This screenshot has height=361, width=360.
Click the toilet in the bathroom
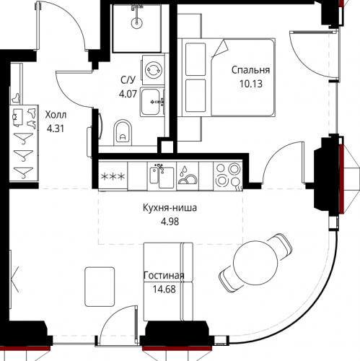pyautogui.click(x=123, y=133)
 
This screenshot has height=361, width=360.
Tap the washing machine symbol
pyautogui.click(x=154, y=70)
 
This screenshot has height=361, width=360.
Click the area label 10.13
pyautogui.click(x=250, y=84)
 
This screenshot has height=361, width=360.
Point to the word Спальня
pyautogui.click(x=250, y=70)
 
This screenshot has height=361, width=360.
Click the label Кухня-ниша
pyautogui.click(x=170, y=208)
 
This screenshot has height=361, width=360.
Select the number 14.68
pyautogui.click(x=164, y=289)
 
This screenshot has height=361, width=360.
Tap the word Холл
pyautogui.click(x=56, y=115)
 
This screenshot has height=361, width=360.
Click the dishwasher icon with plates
pyautogui.click(x=188, y=176)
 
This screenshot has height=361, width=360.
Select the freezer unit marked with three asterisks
pyautogui.click(x=113, y=177)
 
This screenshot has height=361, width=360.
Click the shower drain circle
pyautogui.click(x=137, y=23)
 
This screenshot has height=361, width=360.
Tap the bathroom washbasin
pyautogui.click(x=152, y=103)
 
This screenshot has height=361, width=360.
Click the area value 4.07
pyautogui.click(x=128, y=94)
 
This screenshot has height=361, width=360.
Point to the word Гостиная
pyautogui.click(x=164, y=275)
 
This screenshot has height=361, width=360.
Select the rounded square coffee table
pyautogui.click(x=100, y=287)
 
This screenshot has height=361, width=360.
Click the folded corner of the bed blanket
pyautogui.click(x=220, y=48)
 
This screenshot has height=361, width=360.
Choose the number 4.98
pyautogui.click(x=170, y=222)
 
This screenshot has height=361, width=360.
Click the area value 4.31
pyautogui.click(x=56, y=129)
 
